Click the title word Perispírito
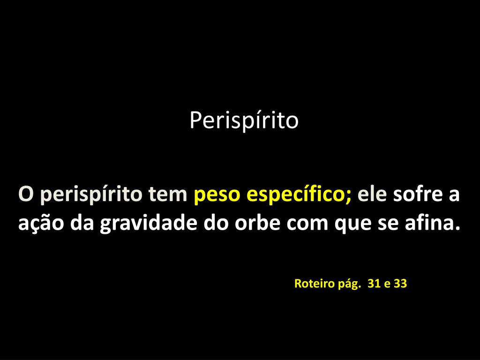coord(244,121)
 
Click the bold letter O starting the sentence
coord(26,194)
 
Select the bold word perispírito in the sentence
coord(91,195)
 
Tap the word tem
coord(168,194)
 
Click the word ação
coord(41,224)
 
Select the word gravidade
coord(148,224)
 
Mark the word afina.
coord(433,222)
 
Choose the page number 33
coord(400,284)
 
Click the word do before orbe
coord(216,222)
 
